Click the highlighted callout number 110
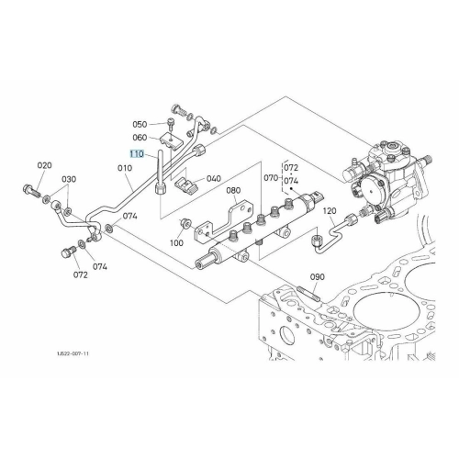coord(137,154)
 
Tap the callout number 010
coord(125,168)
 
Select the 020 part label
coord(45,165)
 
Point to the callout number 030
coord(69,179)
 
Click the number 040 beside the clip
coord(214,178)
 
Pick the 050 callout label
coord(140,125)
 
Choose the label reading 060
coord(140,138)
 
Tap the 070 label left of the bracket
coord(271,178)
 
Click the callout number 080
coord(233,190)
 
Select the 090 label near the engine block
coord(318,277)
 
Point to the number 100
coord(176,243)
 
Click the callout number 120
coord(330,211)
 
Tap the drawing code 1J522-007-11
coord(73,353)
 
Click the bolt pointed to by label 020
coord(31,190)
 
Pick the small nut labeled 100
coord(185,223)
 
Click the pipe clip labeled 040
coord(185,185)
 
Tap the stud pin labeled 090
coord(308,293)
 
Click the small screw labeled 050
coord(170,124)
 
